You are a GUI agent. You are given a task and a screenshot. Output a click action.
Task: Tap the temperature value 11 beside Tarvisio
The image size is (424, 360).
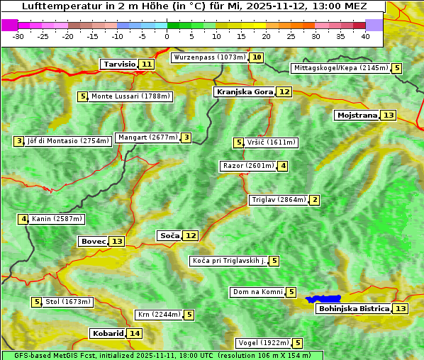click(147, 64)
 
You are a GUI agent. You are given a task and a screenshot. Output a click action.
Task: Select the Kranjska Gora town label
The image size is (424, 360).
click(244, 92)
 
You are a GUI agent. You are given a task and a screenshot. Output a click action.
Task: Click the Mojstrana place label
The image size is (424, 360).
click(357, 116)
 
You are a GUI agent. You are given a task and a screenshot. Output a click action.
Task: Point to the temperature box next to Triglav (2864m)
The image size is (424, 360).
click(315, 201)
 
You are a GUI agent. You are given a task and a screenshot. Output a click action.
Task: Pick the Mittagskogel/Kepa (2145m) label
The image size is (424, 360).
click(340, 69)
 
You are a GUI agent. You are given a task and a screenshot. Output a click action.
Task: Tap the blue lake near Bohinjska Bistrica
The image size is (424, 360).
click(324, 299)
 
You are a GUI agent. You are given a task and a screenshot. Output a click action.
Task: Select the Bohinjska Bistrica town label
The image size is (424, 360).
click(353, 309)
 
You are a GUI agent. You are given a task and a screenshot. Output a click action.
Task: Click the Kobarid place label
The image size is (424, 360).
click(107, 334)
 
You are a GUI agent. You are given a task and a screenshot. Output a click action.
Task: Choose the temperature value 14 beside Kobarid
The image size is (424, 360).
click(135, 334)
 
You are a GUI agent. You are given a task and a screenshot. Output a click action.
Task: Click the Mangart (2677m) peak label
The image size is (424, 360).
click(148, 138)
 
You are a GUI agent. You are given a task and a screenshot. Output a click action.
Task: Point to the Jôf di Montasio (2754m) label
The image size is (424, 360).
click(68, 141)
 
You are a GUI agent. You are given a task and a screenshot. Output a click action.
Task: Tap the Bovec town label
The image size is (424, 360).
click(93, 242)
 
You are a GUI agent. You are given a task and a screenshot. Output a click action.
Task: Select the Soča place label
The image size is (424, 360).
click(169, 235)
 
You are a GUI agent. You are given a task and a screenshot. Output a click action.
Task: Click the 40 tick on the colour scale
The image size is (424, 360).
click(365, 36)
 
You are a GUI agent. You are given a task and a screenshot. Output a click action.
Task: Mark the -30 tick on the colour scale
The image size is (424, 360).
click(18, 36)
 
